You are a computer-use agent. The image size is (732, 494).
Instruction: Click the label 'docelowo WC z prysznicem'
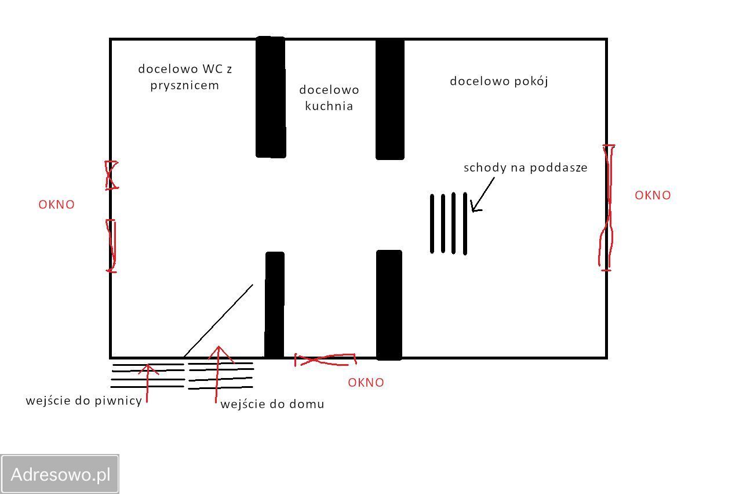pos(185,77)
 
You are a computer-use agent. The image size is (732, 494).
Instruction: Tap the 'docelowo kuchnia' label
pos(329,97)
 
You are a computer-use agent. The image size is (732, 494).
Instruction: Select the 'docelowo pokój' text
pos(499,81)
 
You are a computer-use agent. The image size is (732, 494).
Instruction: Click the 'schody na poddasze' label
pos(525,168)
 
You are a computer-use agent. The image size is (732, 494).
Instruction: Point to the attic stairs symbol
pos(449,223)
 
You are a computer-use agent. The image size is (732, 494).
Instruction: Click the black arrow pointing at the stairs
pos(482,195)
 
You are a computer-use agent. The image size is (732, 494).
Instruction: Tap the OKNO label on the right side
pos(653,195)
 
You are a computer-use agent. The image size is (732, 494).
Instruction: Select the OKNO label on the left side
pos(56,205)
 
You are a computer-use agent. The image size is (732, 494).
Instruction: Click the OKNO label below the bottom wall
pos(366,383)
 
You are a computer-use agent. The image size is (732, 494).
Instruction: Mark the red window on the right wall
pos(607,208)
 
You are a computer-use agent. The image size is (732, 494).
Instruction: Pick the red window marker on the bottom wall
pos(325,360)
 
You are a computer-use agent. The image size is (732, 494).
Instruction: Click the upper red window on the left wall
pos(111,175)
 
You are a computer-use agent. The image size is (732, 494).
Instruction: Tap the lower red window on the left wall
pos(111,245)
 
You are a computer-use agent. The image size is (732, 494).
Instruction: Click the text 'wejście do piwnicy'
pos(84,401)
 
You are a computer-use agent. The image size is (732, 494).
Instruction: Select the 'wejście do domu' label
pos(272,404)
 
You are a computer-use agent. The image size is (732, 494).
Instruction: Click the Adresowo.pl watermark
pos(60,474)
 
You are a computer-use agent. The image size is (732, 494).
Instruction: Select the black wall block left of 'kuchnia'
pos(271,97)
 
